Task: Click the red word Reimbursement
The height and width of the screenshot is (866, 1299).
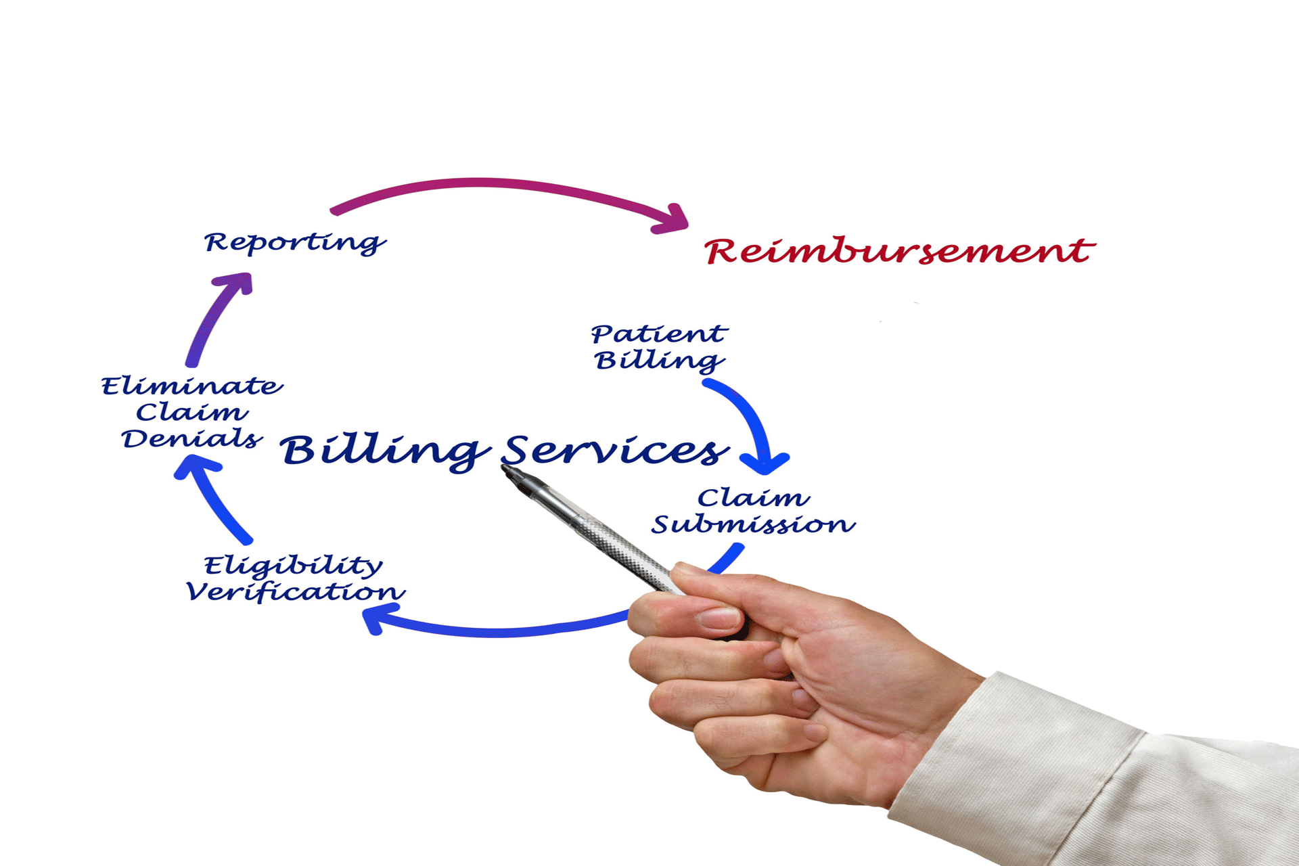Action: point(899,250)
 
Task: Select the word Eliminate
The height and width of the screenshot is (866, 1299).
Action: point(192,386)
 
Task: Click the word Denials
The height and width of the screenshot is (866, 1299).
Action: point(192,438)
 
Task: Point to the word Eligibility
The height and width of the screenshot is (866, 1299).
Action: point(294,566)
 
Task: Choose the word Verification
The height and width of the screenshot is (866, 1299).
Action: point(296,591)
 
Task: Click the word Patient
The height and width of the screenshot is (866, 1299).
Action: point(660,334)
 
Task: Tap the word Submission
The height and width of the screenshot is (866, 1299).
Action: point(754,524)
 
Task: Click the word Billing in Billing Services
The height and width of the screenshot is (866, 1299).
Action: point(386,452)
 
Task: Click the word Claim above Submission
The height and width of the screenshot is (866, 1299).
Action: point(754,498)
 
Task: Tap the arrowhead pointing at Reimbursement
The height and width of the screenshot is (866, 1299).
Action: point(673,219)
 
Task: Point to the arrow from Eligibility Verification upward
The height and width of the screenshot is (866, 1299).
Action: point(210,497)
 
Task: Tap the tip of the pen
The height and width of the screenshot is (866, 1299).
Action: point(504,468)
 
